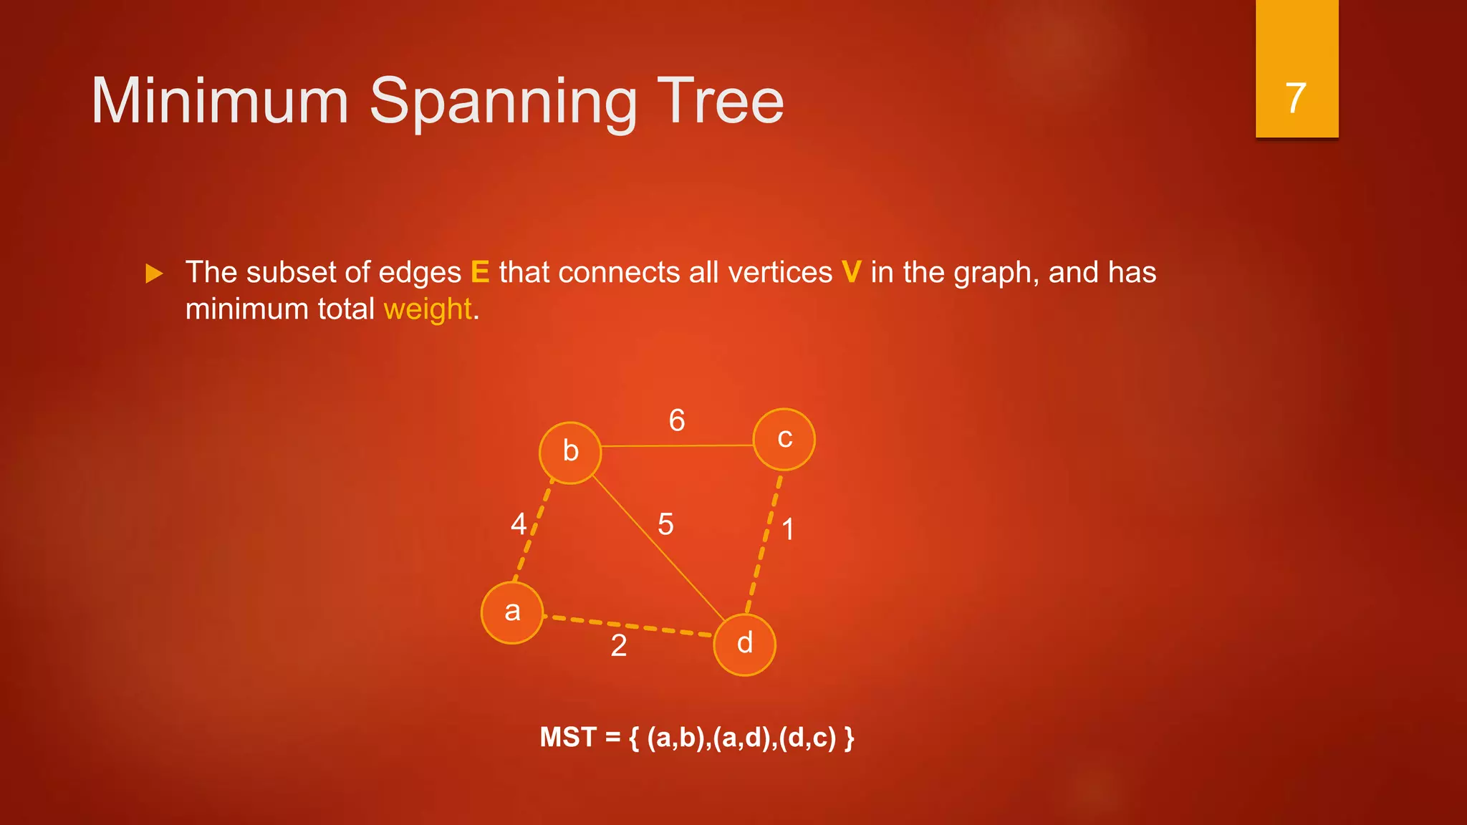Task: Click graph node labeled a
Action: tap(511, 612)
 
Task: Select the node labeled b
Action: tap(570, 453)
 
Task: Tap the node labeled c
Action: tap(784, 439)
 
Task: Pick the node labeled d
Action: tap(745, 645)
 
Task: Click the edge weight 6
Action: tap(677, 420)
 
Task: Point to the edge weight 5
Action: tap(665, 524)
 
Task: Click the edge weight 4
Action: tap(518, 524)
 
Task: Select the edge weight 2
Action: tap(619, 646)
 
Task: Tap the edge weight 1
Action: tap(788, 530)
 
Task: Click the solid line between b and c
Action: tap(677, 445)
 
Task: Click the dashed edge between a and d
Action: tap(628, 625)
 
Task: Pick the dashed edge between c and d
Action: tap(764, 543)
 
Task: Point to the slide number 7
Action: tap(1296, 98)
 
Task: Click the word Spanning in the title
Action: tap(503, 102)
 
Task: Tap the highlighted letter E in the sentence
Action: tap(480, 273)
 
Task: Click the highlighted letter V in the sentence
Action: tap(851, 273)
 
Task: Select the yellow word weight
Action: tap(428, 309)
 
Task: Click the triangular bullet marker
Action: tap(154, 274)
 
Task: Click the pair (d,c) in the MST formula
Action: tap(807, 738)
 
